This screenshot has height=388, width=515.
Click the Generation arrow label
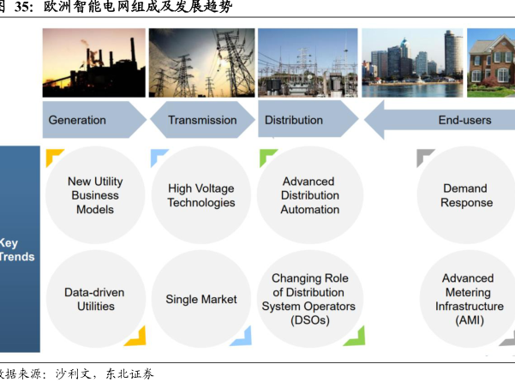[77, 120]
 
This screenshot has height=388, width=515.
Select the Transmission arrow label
[201, 120]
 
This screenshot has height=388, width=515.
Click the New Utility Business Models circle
[94, 195]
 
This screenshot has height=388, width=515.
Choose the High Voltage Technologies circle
[201, 195]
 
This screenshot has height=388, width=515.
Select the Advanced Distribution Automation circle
[308, 195]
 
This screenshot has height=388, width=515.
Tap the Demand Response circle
[466, 195]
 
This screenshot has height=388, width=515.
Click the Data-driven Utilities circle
[94, 299]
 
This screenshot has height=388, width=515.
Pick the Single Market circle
[201, 299]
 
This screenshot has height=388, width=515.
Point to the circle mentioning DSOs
[308, 299]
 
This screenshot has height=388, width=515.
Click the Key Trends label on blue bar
[9, 249]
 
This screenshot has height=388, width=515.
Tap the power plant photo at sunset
[93, 63]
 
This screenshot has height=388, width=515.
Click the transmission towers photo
[201, 63]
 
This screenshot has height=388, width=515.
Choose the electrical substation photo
[308, 63]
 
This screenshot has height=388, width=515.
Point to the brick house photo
[491, 63]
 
